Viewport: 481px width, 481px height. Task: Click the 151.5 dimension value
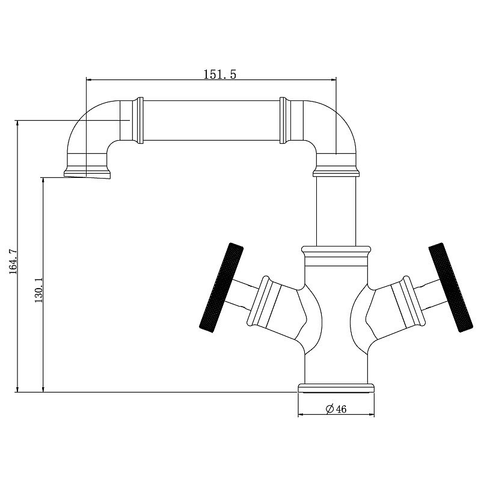coord(220,75)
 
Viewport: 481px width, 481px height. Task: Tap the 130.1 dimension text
coord(38,290)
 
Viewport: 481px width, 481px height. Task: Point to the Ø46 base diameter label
coord(336,409)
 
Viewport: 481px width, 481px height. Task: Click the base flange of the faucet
coord(336,388)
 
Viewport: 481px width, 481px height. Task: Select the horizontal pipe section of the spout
coord(212,121)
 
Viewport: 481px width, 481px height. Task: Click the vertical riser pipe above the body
coord(336,211)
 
